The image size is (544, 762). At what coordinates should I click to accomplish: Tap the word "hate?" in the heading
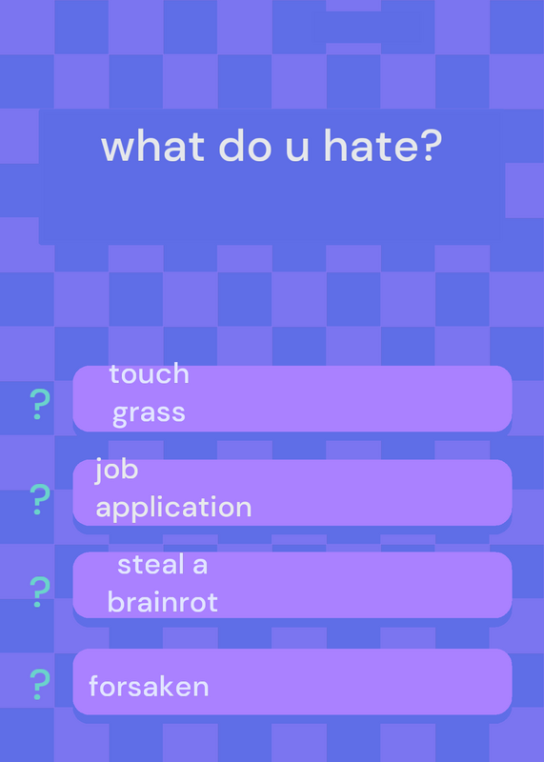[x=383, y=146]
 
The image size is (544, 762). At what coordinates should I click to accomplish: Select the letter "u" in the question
[x=298, y=150]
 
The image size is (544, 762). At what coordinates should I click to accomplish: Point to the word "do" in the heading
[x=245, y=146]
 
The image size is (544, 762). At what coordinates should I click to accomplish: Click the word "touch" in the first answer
[x=150, y=373]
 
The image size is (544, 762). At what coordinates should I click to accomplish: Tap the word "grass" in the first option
[x=149, y=413]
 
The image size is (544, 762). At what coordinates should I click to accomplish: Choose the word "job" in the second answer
[x=116, y=470]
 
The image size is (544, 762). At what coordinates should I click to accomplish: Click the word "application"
[x=173, y=508]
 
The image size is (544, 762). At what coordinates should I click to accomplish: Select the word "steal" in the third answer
[x=151, y=565]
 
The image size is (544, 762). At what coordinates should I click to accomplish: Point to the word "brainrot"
[x=162, y=603]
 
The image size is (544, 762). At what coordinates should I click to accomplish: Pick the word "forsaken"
[x=149, y=687]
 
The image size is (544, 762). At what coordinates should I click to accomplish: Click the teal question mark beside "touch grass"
[x=40, y=405]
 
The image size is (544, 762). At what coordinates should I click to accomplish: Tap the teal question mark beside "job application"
[x=40, y=499]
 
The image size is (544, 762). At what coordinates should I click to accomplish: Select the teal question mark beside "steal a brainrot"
[x=40, y=592]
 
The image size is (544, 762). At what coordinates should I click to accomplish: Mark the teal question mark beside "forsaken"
[x=40, y=684]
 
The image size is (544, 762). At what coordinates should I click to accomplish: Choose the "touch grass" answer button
[x=292, y=398]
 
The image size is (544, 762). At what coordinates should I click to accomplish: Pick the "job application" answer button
[x=292, y=492]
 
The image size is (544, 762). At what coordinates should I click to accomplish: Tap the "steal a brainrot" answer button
[x=292, y=585]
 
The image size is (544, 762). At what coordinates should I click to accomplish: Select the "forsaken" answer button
[x=292, y=681]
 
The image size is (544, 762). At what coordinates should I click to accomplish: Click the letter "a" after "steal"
[x=200, y=567]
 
